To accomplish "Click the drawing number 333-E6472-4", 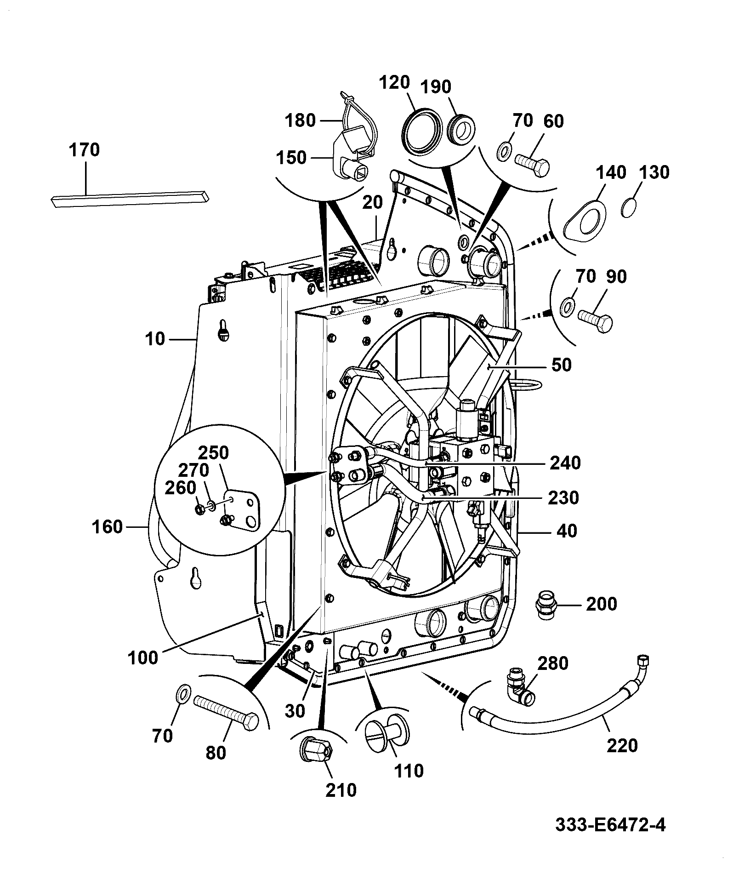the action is pyautogui.click(x=610, y=824).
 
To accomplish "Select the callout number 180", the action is pyautogui.click(x=300, y=120).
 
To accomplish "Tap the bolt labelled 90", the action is pyautogui.click(x=595, y=320).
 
